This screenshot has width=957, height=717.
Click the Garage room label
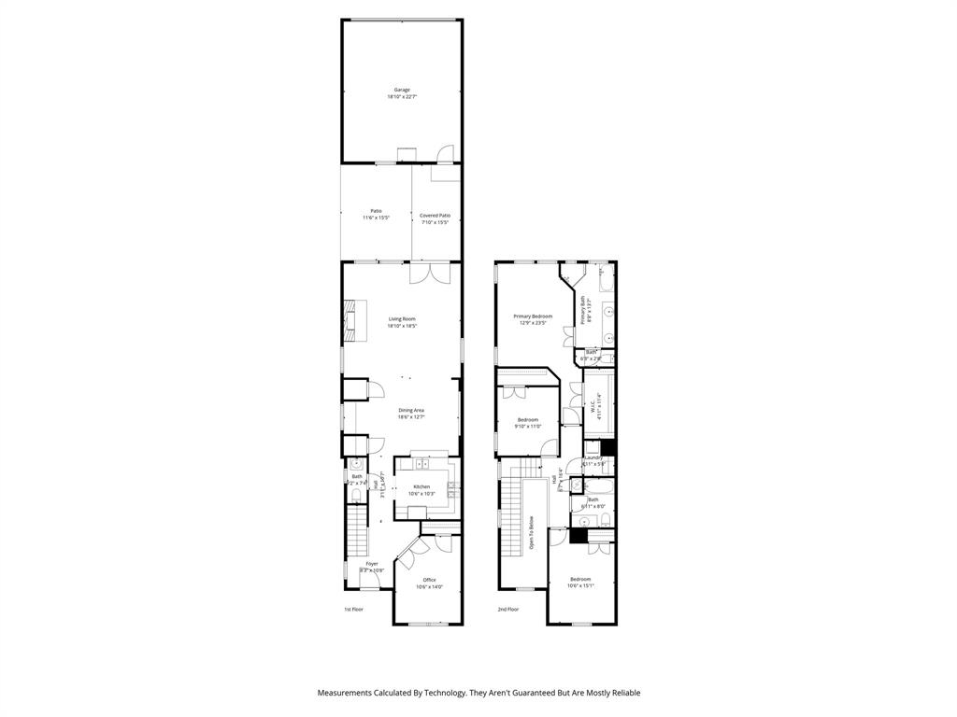click(402, 92)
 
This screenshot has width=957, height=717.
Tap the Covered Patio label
click(435, 218)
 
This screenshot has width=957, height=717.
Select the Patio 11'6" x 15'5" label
click(376, 214)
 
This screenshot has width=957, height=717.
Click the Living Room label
click(402, 322)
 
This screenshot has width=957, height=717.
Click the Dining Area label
click(411, 414)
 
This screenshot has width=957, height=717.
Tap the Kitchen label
click(422, 490)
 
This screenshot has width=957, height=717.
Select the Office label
click(429, 583)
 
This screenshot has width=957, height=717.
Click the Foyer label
click(372, 567)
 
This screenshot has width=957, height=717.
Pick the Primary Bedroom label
click(533, 319)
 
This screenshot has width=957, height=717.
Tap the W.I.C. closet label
click(594, 409)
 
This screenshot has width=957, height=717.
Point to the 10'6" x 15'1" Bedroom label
click(580, 583)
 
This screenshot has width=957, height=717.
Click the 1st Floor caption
click(353, 609)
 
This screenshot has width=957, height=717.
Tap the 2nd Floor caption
click(507, 609)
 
